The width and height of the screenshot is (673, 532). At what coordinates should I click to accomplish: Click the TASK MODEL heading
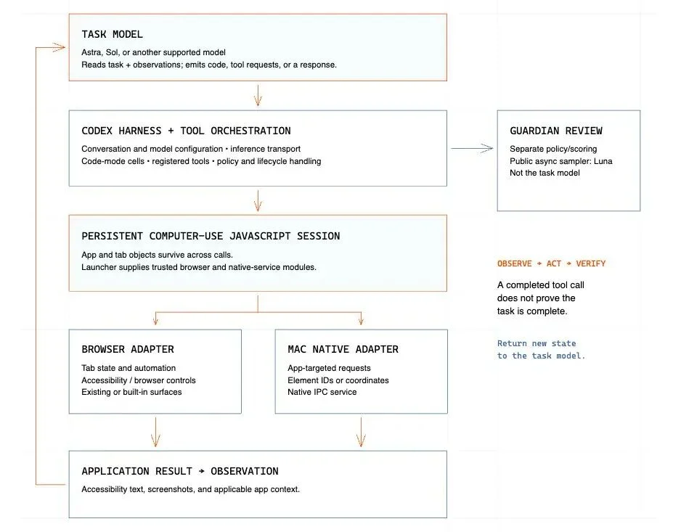[x=112, y=34]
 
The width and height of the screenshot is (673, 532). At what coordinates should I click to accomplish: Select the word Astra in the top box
[x=91, y=52]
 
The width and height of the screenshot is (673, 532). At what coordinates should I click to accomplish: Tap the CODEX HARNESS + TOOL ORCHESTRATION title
[x=186, y=131]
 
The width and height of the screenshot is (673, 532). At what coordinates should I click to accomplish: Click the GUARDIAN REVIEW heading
[x=556, y=131]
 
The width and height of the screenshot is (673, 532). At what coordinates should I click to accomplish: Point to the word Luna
[x=603, y=161]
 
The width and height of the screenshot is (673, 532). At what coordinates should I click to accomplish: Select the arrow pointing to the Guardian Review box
[x=472, y=149]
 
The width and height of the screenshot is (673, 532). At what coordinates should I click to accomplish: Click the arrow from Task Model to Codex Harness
[x=258, y=95]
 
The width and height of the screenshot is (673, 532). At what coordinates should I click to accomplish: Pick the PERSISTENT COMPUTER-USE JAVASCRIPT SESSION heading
[x=211, y=236]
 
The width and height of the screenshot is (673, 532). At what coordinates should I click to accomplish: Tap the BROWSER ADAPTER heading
[x=128, y=349]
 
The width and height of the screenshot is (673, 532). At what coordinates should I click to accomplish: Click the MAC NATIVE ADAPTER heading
[x=343, y=349]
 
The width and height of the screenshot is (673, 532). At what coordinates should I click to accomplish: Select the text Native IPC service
[x=322, y=392]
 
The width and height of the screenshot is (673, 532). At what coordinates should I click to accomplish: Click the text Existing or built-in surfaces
[x=131, y=392]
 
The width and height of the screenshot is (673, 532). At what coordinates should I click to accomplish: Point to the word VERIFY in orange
[x=590, y=263]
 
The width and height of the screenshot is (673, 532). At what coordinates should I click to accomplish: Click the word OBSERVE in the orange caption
[x=514, y=263]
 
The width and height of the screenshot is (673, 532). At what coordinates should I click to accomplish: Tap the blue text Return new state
[x=537, y=343]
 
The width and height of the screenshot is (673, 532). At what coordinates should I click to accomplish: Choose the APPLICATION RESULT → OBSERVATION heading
[x=180, y=471]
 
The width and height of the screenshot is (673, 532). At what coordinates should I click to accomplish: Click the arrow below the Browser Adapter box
[x=155, y=432]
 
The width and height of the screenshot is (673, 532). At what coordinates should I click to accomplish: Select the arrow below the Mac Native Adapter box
[x=361, y=432]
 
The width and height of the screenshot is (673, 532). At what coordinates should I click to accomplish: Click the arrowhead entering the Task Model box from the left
[x=60, y=47]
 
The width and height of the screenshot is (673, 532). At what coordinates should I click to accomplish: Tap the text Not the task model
[x=544, y=173]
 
